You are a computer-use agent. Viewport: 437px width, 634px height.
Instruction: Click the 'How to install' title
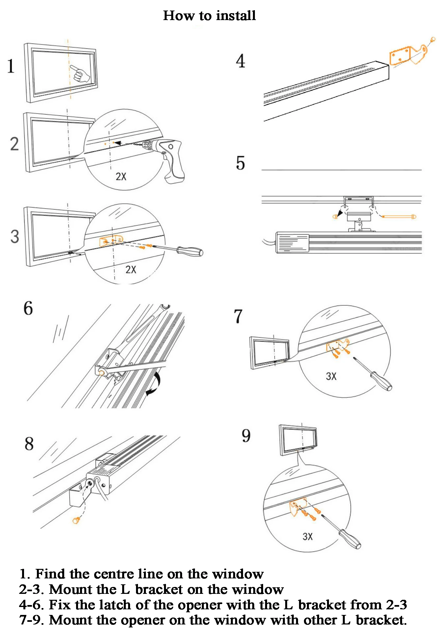coord(209,15)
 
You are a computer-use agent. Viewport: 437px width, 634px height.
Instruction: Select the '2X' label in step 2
coord(121,177)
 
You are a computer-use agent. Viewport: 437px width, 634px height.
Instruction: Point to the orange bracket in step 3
coord(111,241)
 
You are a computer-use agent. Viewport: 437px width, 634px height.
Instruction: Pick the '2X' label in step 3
coord(131,270)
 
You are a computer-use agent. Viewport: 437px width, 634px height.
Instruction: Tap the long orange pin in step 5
coord(399,217)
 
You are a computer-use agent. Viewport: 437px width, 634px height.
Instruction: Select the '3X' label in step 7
coord(331,376)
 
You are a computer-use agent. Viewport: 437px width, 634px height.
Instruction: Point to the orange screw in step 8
coord(76,520)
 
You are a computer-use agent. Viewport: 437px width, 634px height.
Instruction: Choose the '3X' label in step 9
coord(308,537)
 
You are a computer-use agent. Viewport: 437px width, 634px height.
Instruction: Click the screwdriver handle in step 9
coord(350,539)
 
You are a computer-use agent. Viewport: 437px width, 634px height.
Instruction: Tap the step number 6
coord(28,309)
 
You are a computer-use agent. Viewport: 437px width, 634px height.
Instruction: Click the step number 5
coord(240,164)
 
